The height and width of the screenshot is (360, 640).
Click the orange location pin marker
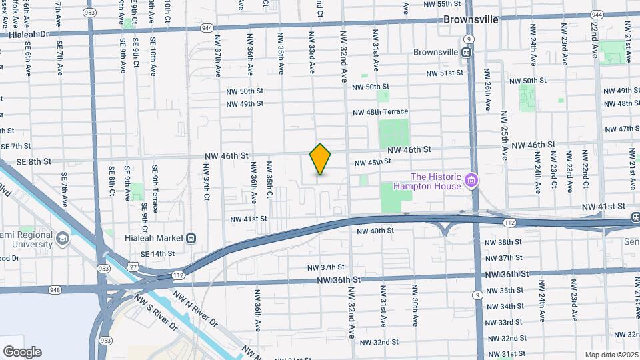point(321,159)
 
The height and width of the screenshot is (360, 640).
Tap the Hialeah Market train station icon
point(191,238)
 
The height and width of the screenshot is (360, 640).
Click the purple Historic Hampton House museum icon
point(471,180)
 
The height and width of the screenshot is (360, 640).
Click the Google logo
point(22,352)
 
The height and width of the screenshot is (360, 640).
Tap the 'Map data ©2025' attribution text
point(611,355)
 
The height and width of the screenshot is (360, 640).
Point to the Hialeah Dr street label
point(27,33)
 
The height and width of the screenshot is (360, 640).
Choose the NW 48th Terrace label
point(380,112)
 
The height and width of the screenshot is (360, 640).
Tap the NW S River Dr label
point(156,313)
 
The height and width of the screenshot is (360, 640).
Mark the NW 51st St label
point(444,73)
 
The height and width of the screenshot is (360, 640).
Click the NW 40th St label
point(375,231)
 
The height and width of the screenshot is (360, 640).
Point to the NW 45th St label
point(372,162)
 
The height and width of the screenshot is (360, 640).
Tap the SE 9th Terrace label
point(155,189)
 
